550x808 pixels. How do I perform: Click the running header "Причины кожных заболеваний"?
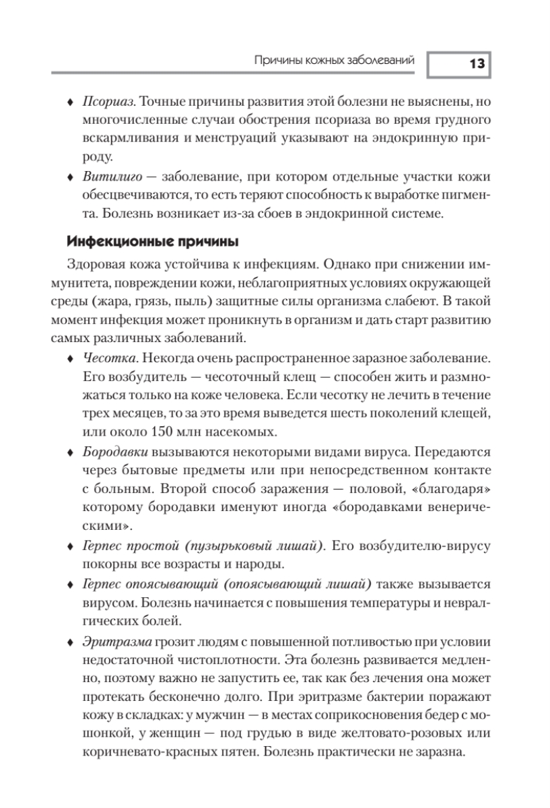click(x=333, y=61)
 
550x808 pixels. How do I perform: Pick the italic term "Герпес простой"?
click(x=128, y=543)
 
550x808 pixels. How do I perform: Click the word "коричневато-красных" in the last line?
click(x=140, y=750)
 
